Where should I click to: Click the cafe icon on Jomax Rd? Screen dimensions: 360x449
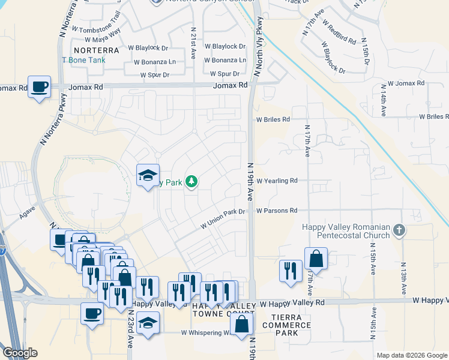click(x=40, y=87)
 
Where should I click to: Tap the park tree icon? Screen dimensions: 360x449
click(x=191, y=181)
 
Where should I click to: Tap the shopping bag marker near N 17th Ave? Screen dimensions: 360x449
click(x=316, y=259)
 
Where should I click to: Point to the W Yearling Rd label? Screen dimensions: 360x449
click(x=277, y=181)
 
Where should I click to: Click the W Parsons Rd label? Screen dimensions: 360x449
click(x=277, y=211)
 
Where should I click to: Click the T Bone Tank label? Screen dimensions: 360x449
click(x=83, y=60)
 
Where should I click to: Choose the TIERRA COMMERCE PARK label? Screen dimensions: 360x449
click(x=291, y=325)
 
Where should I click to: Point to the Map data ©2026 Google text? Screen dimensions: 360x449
click(x=412, y=355)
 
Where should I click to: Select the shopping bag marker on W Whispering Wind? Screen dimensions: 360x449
click(x=241, y=325)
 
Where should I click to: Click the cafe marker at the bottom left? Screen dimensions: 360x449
click(x=92, y=313)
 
